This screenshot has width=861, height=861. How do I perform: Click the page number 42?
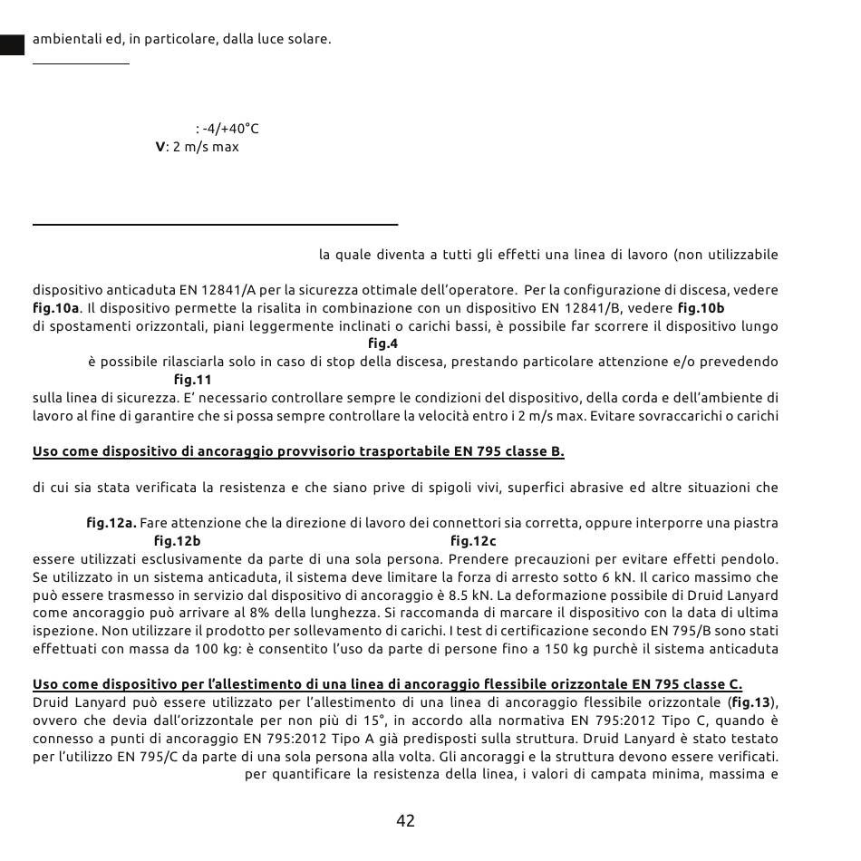(405, 821)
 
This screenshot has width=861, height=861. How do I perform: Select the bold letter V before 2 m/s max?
(160, 147)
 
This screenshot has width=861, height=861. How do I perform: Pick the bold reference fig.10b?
(701, 308)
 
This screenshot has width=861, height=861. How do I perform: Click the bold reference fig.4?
(382, 343)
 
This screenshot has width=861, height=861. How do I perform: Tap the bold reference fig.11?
(192, 380)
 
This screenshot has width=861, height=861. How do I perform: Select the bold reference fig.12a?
(111, 523)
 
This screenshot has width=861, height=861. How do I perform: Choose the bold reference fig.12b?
(177, 541)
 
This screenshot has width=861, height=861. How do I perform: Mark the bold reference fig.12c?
(473, 541)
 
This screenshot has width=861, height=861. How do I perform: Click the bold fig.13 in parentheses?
(751, 702)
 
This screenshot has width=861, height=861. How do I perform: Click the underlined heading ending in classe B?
(298, 451)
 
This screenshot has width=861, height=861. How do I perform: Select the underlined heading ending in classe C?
(387, 684)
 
